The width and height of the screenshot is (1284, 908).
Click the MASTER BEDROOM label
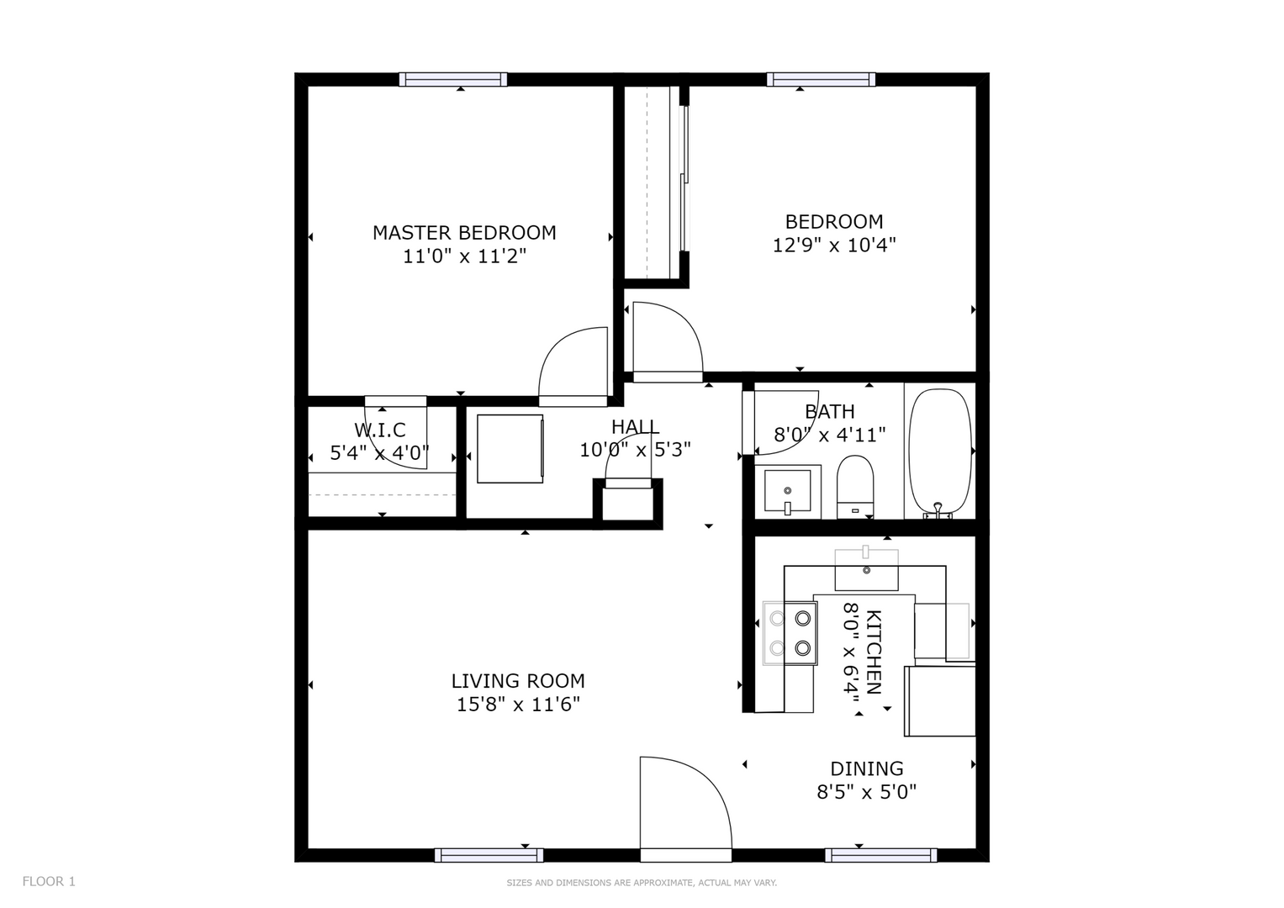coord(464,233)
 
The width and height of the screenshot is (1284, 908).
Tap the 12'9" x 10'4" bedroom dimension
coord(834,245)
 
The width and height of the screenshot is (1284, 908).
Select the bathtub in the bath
coord(940,454)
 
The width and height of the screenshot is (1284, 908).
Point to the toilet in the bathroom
coord(855,488)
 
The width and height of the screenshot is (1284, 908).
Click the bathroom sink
coord(788,491)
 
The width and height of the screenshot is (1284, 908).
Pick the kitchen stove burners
coord(790,633)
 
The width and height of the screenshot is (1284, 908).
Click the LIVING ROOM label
coord(518,681)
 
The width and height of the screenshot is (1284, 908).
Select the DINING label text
coord(867,768)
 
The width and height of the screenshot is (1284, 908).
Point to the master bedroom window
coord(453,80)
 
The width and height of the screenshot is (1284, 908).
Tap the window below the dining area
coord(881,855)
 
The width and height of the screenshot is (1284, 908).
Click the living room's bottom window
coord(489,855)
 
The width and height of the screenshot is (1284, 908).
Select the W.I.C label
coord(380,430)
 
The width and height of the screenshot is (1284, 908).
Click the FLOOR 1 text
coord(49,882)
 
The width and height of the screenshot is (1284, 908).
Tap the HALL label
coord(635,426)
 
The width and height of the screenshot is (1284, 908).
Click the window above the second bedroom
coord(821,80)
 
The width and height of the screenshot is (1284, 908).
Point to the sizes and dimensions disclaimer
coord(642,883)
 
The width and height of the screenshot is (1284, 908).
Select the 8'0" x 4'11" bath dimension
coord(830,436)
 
